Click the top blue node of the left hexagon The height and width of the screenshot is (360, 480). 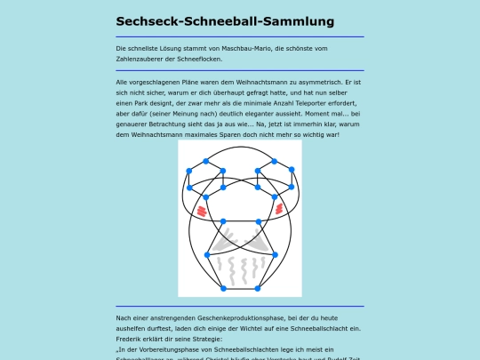pos(206,161)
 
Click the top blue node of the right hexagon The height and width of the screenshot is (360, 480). pos(274,161)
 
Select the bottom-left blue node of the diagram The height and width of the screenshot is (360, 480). pos(222,289)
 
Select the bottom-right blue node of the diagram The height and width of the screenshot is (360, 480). pos(259,289)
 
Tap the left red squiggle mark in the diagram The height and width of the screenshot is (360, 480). pos(202,210)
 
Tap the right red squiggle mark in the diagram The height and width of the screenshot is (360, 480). pos(279,208)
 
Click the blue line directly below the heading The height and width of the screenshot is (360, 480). pos(239,36)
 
